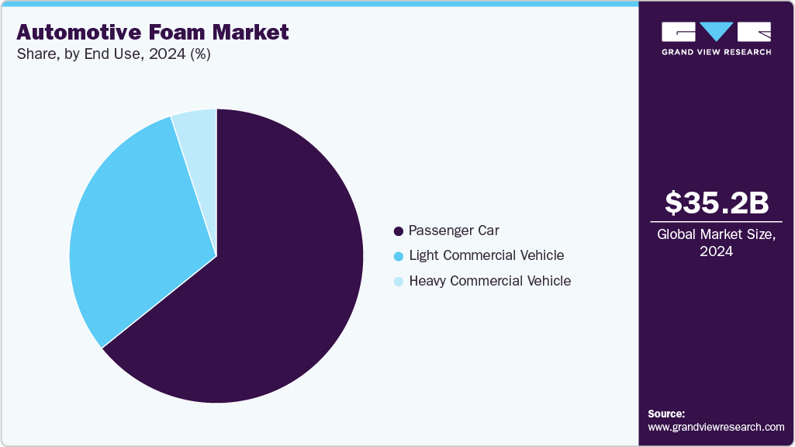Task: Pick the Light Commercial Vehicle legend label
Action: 486,255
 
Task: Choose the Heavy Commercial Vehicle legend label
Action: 489,281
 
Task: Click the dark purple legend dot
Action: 399,231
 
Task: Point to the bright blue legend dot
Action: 399,256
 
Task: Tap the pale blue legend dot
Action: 399,282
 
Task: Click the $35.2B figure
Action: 717,203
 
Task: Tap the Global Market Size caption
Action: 717,234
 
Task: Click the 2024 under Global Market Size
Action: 717,251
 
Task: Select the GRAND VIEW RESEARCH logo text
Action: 717,52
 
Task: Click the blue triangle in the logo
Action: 717,32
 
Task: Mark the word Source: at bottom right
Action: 666,414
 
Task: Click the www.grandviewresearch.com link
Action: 717,427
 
